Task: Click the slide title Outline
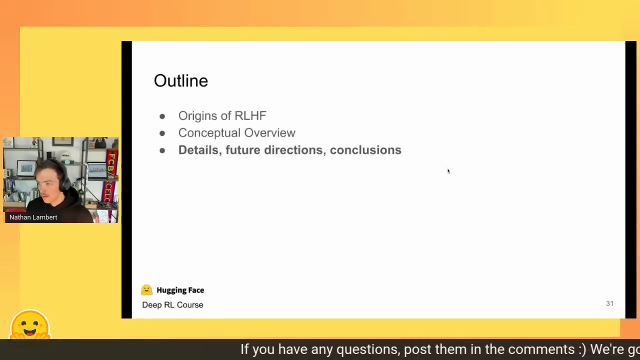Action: [x=181, y=81]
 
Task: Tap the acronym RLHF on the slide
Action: [x=250, y=115]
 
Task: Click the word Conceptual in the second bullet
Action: [x=209, y=133]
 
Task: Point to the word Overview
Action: [x=269, y=133]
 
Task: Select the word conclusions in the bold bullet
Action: [x=365, y=150]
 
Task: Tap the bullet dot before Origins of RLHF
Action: [x=162, y=116]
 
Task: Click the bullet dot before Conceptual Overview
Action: [x=162, y=133]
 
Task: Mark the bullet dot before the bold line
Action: [x=162, y=150]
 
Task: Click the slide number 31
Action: [x=609, y=303]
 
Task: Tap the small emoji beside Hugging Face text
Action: [x=146, y=290]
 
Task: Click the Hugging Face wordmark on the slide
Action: [x=180, y=290]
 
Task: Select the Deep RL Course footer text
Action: [x=172, y=305]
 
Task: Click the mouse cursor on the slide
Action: [x=448, y=171]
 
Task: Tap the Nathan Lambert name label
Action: [x=33, y=217]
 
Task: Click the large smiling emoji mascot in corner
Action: [x=30, y=324]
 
